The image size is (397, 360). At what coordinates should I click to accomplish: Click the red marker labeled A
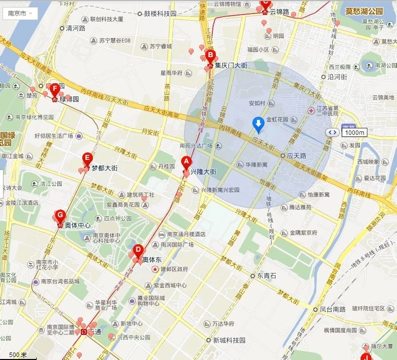(186, 162)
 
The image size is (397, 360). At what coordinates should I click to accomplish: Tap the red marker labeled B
(210, 56)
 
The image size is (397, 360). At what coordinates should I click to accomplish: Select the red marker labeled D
(138, 250)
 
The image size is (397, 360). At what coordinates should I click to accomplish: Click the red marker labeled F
(55, 89)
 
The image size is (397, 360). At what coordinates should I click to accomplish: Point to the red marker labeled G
(60, 216)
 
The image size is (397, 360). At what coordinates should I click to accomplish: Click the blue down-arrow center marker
(258, 124)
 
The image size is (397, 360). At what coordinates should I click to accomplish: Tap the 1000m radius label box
(355, 132)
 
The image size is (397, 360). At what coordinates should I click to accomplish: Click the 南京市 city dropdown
(20, 14)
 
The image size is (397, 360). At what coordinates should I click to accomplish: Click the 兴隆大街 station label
(203, 172)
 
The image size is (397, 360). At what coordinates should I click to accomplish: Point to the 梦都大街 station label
(104, 168)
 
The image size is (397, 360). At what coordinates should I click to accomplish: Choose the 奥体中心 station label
(77, 226)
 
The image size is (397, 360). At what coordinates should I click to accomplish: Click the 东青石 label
(266, 276)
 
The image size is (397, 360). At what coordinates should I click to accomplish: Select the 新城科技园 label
(229, 340)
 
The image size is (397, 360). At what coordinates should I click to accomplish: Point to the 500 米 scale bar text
(18, 355)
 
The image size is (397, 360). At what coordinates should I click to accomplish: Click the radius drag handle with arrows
(332, 132)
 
